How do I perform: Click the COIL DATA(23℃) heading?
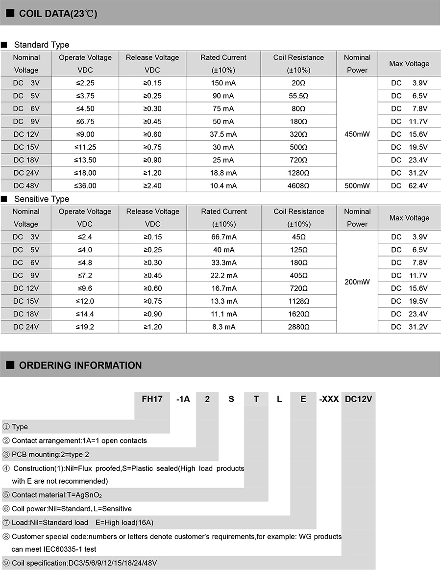click(58, 14)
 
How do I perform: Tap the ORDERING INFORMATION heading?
click(80, 365)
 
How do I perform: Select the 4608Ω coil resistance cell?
click(299, 185)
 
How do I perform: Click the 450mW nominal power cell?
click(357, 134)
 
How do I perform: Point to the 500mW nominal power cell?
click(357, 185)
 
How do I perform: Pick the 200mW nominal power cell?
click(357, 282)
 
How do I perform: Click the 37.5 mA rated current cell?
click(223, 134)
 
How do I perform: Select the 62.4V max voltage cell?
click(409, 185)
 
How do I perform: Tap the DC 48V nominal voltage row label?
click(26, 185)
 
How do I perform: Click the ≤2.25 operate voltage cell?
click(85, 83)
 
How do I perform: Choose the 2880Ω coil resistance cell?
click(299, 327)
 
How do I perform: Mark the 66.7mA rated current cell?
click(224, 237)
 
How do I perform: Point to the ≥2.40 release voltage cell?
click(152, 185)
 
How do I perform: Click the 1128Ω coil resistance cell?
click(299, 301)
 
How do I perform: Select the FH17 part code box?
click(152, 399)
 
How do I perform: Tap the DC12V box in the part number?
click(358, 399)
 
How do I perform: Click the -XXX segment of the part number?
click(329, 399)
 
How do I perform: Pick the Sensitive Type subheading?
click(42, 199)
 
